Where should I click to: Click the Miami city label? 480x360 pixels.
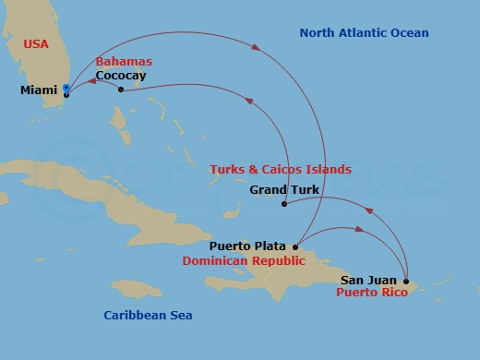point(39,90)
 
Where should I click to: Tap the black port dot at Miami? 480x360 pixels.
point(66,94)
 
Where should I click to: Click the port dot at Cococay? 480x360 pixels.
point(121,90)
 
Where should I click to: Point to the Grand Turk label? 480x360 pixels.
point(284,190)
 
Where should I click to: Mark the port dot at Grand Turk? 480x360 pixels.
point(283,204)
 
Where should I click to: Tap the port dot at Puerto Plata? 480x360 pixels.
point(295,246)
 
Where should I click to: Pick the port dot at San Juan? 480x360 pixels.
point(406,280)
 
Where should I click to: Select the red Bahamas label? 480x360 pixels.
point(124,62)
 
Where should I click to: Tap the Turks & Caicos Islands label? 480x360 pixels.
point(280,170)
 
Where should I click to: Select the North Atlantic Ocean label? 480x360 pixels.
point(364,33)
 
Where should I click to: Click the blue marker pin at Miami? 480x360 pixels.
point(66,89)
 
